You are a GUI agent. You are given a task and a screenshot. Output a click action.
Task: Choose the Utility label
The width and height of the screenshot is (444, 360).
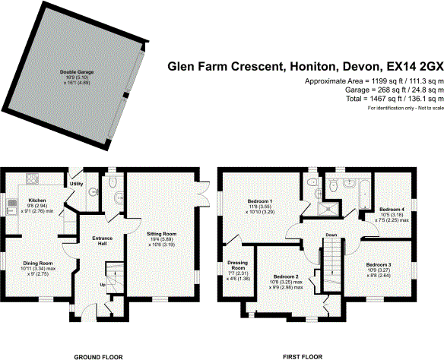point(76,184)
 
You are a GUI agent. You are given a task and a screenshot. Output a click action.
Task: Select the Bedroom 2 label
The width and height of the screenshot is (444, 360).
point(286,276)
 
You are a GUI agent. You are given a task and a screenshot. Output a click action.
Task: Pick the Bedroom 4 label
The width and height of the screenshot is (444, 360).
point(392,209)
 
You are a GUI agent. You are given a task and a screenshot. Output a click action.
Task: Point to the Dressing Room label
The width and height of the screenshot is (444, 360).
point(237,266)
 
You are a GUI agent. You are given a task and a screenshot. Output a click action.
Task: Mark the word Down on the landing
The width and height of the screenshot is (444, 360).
point(331,235)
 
